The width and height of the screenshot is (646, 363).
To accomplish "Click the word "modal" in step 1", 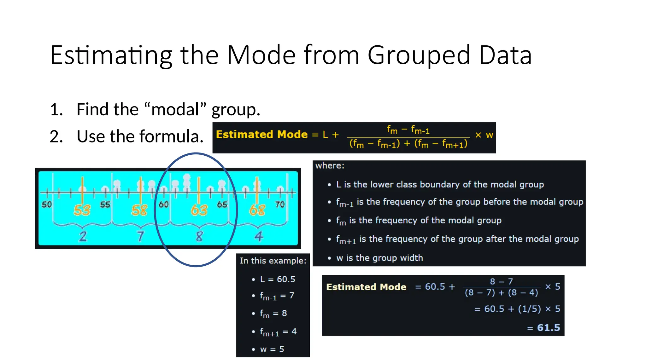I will (175, 109).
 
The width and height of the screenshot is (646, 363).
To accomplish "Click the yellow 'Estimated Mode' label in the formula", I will (261, 135).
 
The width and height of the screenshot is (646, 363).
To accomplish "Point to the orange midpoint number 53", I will (82, 210).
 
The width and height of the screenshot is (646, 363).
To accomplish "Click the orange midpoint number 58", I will (139, 210).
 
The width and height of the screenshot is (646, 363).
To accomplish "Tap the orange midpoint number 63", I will (199, 210).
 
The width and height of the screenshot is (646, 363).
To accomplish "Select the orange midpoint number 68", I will (257, 210).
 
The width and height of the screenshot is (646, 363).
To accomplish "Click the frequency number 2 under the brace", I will (83, 236).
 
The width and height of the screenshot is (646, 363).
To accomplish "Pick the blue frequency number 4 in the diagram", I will (259, 236).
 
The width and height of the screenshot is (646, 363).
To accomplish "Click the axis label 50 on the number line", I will (47, 205).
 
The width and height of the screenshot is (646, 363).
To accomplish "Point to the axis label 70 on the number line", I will (280, 205).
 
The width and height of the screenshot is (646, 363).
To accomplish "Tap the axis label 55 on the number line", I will (105, 205).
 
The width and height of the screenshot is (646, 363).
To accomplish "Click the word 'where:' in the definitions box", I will (330, 166).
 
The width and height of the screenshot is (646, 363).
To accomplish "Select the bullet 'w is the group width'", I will (379, 258).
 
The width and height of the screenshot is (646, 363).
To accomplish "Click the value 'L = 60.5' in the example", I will (278, 279).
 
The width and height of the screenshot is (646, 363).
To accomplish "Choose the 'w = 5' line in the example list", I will (272, 349).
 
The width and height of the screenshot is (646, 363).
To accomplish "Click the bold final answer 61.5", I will (549, 328).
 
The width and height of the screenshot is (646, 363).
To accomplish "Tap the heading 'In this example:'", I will (273, 261).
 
